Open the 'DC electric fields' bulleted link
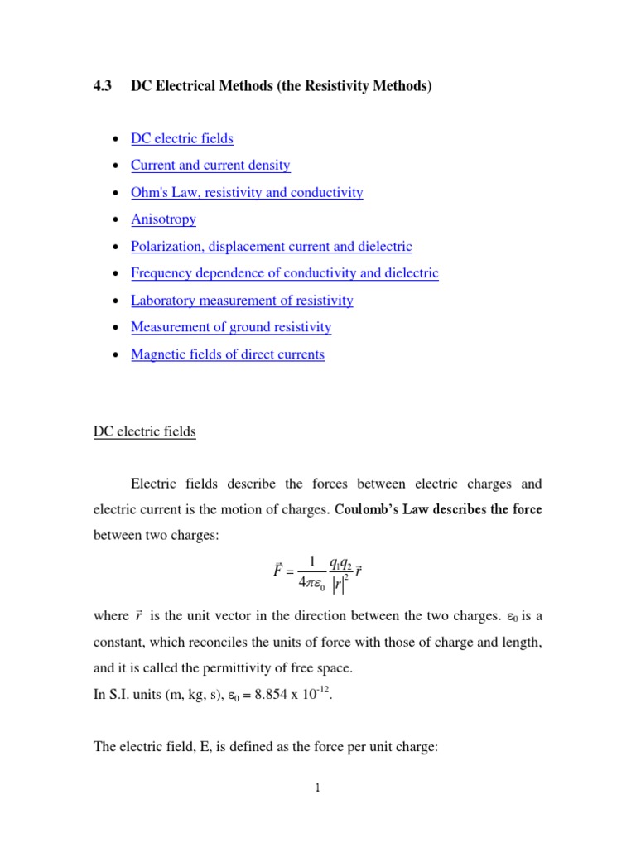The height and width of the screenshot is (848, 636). point(182,139)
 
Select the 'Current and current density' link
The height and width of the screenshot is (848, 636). point(210,166)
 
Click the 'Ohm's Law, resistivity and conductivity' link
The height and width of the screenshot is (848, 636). point(247,193)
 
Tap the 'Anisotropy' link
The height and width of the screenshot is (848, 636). point(163,219)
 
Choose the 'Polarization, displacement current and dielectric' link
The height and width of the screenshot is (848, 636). point(271,247)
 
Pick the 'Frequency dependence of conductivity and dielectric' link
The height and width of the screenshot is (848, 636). point(285,273)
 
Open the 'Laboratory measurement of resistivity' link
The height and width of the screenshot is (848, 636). point(242,301)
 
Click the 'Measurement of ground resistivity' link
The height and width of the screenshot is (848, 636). point(231,327)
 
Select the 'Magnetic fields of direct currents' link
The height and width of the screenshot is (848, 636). point(228,354)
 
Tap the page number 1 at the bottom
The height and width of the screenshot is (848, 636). point(317,789)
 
